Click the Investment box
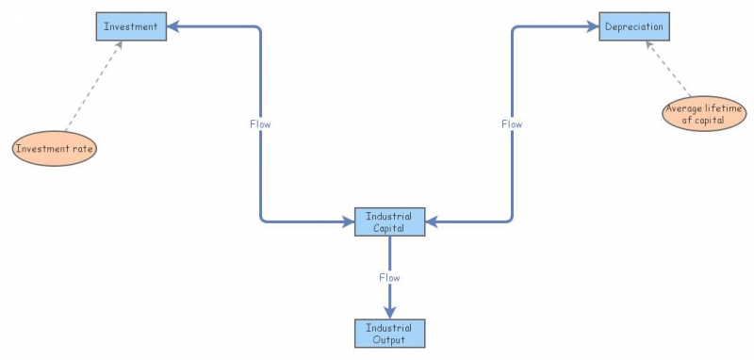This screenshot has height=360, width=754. point(131,26)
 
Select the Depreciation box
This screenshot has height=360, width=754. point(633,26)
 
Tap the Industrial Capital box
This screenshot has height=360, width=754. point(389,221)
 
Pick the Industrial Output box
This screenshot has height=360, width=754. point(389,333)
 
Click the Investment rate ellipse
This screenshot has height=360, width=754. point(55,149)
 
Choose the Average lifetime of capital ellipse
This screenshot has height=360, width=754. point(704,113)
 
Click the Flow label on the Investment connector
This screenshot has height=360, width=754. point(260,124)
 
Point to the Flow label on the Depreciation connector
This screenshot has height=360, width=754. point(512,124)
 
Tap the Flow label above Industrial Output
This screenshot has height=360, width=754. point(389,277)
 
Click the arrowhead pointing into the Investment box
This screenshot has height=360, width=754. point(172,26)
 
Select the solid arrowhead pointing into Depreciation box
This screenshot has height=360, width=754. point(593,26)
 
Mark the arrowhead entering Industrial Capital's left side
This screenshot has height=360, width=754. point(348,221)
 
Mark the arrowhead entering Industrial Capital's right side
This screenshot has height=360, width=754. point(432,221)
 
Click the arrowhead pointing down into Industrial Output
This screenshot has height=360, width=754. point(389,313)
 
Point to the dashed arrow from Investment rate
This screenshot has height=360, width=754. point(93,86)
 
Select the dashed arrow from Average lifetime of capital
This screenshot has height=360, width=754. point(668,69)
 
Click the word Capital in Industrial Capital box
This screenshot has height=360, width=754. point(388,228)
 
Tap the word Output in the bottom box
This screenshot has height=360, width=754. point(389,340)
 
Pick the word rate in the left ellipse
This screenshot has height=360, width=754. point(82,149)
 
